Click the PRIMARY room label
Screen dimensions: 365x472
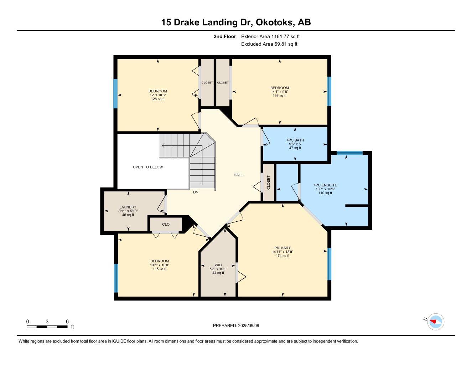282,248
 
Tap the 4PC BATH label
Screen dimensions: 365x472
295,140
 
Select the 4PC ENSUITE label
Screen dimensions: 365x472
325,185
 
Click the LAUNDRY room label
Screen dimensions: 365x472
128,207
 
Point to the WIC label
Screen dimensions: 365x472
218,265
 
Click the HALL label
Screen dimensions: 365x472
238,175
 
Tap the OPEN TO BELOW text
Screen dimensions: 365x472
148,167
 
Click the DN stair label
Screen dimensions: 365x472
196,192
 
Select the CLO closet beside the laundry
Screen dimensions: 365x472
166,224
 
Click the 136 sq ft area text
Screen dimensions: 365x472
280,96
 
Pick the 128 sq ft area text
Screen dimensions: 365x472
157,99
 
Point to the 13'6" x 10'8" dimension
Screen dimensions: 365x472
159,265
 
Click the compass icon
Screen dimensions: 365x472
436,322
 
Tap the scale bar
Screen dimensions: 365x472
47,327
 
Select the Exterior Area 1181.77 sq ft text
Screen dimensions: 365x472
270,36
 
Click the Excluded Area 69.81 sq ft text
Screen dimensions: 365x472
269,44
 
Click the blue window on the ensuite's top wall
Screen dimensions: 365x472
349,153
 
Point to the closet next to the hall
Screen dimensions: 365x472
268,182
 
